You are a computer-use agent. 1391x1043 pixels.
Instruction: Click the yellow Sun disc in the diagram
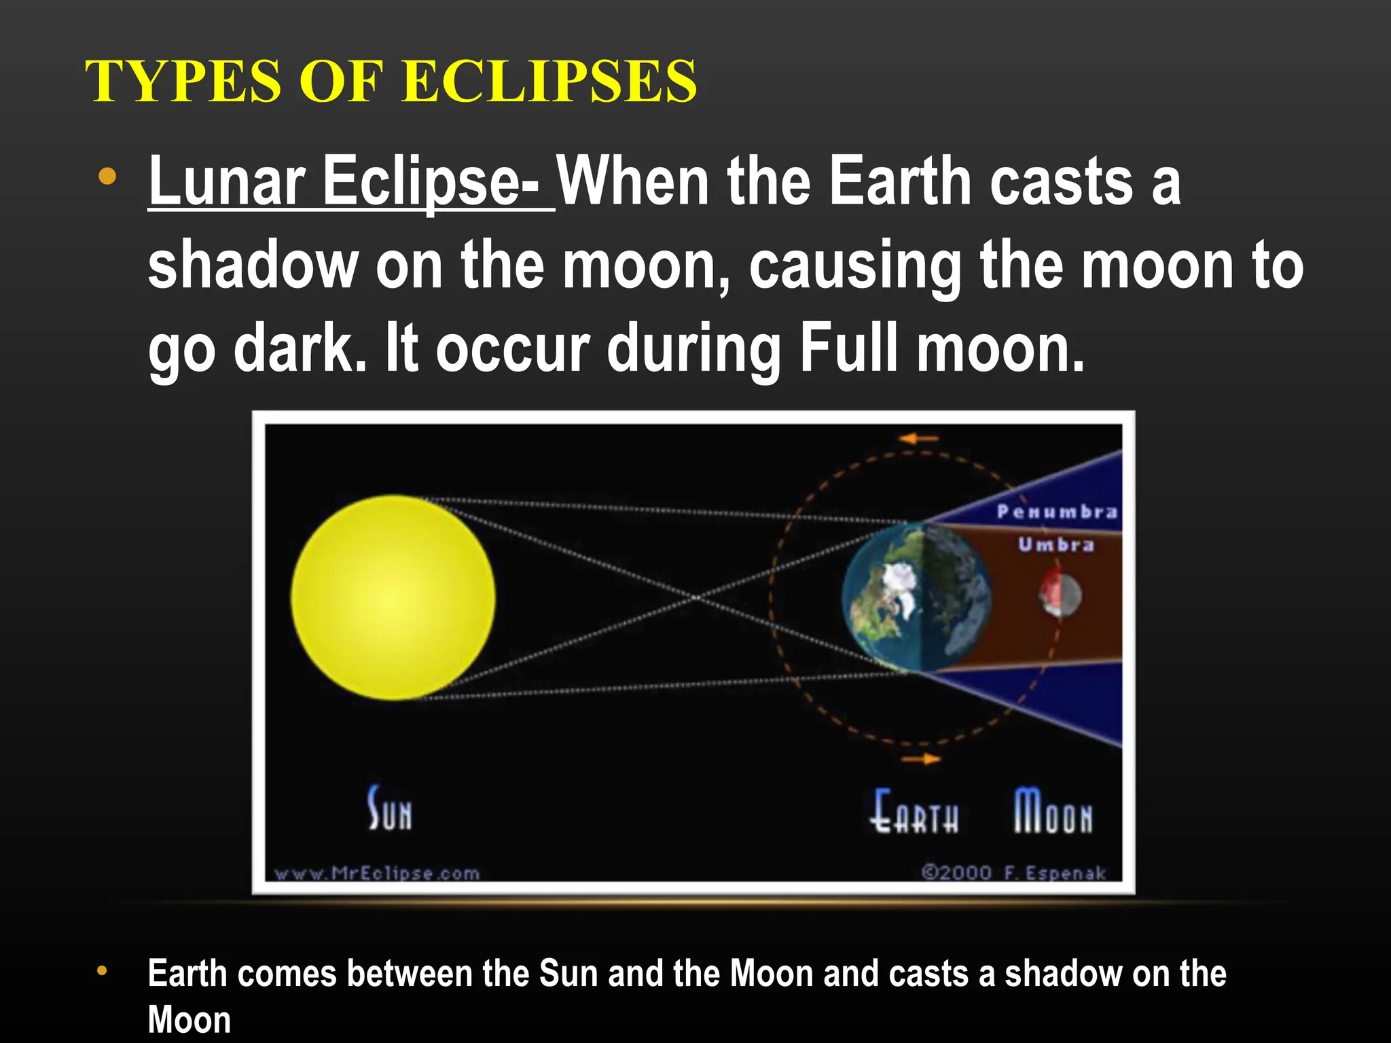[x=393, y=598]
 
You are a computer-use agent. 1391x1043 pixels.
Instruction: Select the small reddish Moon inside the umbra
[x=1060, y=594]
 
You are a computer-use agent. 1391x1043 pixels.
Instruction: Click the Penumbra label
[x=1057, y=512]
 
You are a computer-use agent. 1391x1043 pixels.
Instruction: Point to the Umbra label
[x=1056, y=545]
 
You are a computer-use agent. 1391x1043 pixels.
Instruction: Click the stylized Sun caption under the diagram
[x=390, y=809]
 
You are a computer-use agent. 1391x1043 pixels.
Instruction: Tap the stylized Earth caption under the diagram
[x=915, y=811]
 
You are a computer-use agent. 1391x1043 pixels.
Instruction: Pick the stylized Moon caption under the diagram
[x=1053, y=811]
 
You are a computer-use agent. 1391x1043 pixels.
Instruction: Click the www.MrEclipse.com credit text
[x=377, y=873]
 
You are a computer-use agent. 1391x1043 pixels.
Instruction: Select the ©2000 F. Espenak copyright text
[x=1013, y=873]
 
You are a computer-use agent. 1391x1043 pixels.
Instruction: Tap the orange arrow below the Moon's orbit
[x=921, y=758]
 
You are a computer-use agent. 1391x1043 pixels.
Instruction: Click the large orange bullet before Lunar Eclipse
[x=107, y=177]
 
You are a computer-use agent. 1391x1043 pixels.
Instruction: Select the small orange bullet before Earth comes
[x=102, y=970]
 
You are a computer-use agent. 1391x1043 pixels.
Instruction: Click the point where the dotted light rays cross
[x=696, y=598]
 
